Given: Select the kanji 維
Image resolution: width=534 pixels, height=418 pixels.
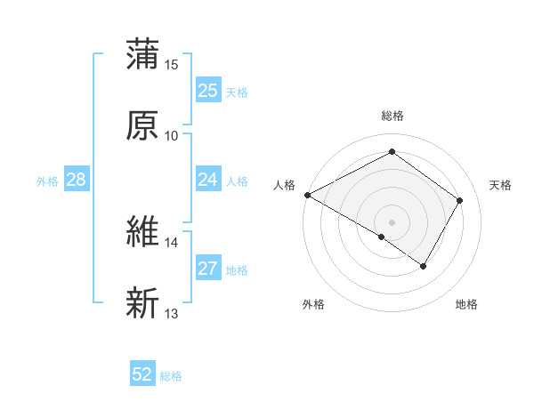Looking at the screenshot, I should (x=142, y=232).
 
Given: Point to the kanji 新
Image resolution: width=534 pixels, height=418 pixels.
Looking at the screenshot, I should (x=142, y=303).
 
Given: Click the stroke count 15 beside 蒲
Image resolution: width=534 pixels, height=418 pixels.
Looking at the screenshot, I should (x=172, y=65).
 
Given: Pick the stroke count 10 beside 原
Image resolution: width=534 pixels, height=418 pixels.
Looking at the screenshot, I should (x=172, y=136).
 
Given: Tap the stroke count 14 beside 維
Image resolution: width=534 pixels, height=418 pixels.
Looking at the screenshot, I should (x=172, y=243).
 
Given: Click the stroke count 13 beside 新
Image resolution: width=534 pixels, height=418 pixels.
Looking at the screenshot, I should (x=172, y=314).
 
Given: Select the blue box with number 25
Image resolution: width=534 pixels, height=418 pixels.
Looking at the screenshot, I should (x=207, y=91).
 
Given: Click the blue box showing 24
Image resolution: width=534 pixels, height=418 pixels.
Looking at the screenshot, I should (x=207, y=180).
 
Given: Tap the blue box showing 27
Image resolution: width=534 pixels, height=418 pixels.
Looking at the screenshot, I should (x=207, y=269).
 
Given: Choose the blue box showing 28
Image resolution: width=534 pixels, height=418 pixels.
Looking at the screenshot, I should (x=77, y=180).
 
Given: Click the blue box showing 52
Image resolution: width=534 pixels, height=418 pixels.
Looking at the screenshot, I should (x=142, y=374).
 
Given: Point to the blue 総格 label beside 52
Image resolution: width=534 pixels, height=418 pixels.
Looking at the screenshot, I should (x=171, y=376).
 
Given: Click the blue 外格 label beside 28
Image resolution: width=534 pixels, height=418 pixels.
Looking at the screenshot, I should (x=47, y=181).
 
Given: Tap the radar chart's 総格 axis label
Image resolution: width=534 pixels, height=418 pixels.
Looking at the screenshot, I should (x=392, y=116).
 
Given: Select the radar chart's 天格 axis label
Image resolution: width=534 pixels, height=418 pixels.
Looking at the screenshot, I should (x=501, y=185).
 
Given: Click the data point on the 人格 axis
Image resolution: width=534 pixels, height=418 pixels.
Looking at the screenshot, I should (x=307, y=195).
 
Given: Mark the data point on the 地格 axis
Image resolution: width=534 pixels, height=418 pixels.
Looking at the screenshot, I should (x=424, y=266).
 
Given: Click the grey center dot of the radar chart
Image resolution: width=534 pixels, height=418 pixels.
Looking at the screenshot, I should (x=392, y=221).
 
